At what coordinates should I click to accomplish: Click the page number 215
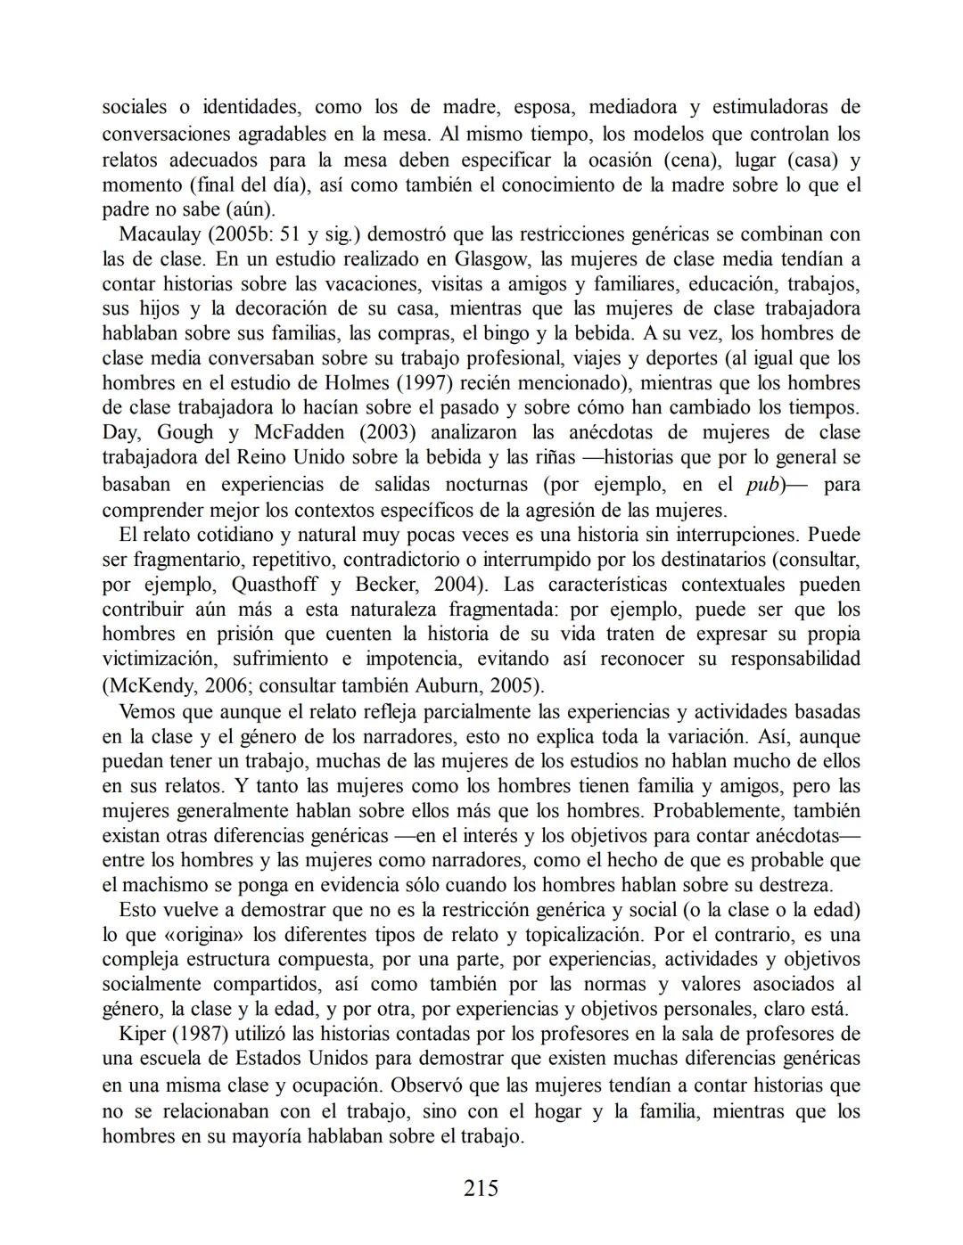pyautogui.click(x=481, y=1188)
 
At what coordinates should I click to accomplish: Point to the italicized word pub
pyautogui.click(x=763, y=486)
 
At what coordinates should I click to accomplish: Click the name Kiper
pyautogui.click(x=142, y=1034)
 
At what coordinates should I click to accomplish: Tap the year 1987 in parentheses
pyautogui.click(x=202, y=1034)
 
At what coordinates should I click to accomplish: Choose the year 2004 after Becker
pyautogui.click(x=461, y=585)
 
